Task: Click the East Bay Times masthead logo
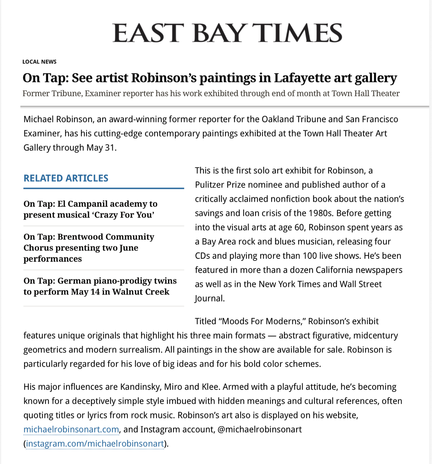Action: click(x=227, y=33)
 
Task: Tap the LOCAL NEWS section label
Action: click(x=39, y=62)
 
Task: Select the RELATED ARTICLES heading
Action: click(x=66, y=178)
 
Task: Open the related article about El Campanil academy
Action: click(x=91, y=209)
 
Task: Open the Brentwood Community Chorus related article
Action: click(x=89, y=248)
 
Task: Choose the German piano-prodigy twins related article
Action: click(x=100, y=286)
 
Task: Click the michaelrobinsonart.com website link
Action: click(x=71, y=429)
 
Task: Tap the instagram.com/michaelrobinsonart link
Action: click(x=95, y=444)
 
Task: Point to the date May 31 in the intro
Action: click(x=101, y=148)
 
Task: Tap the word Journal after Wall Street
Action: click(x=209, y=298)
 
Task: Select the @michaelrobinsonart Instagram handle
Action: click(x=259, y=429)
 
